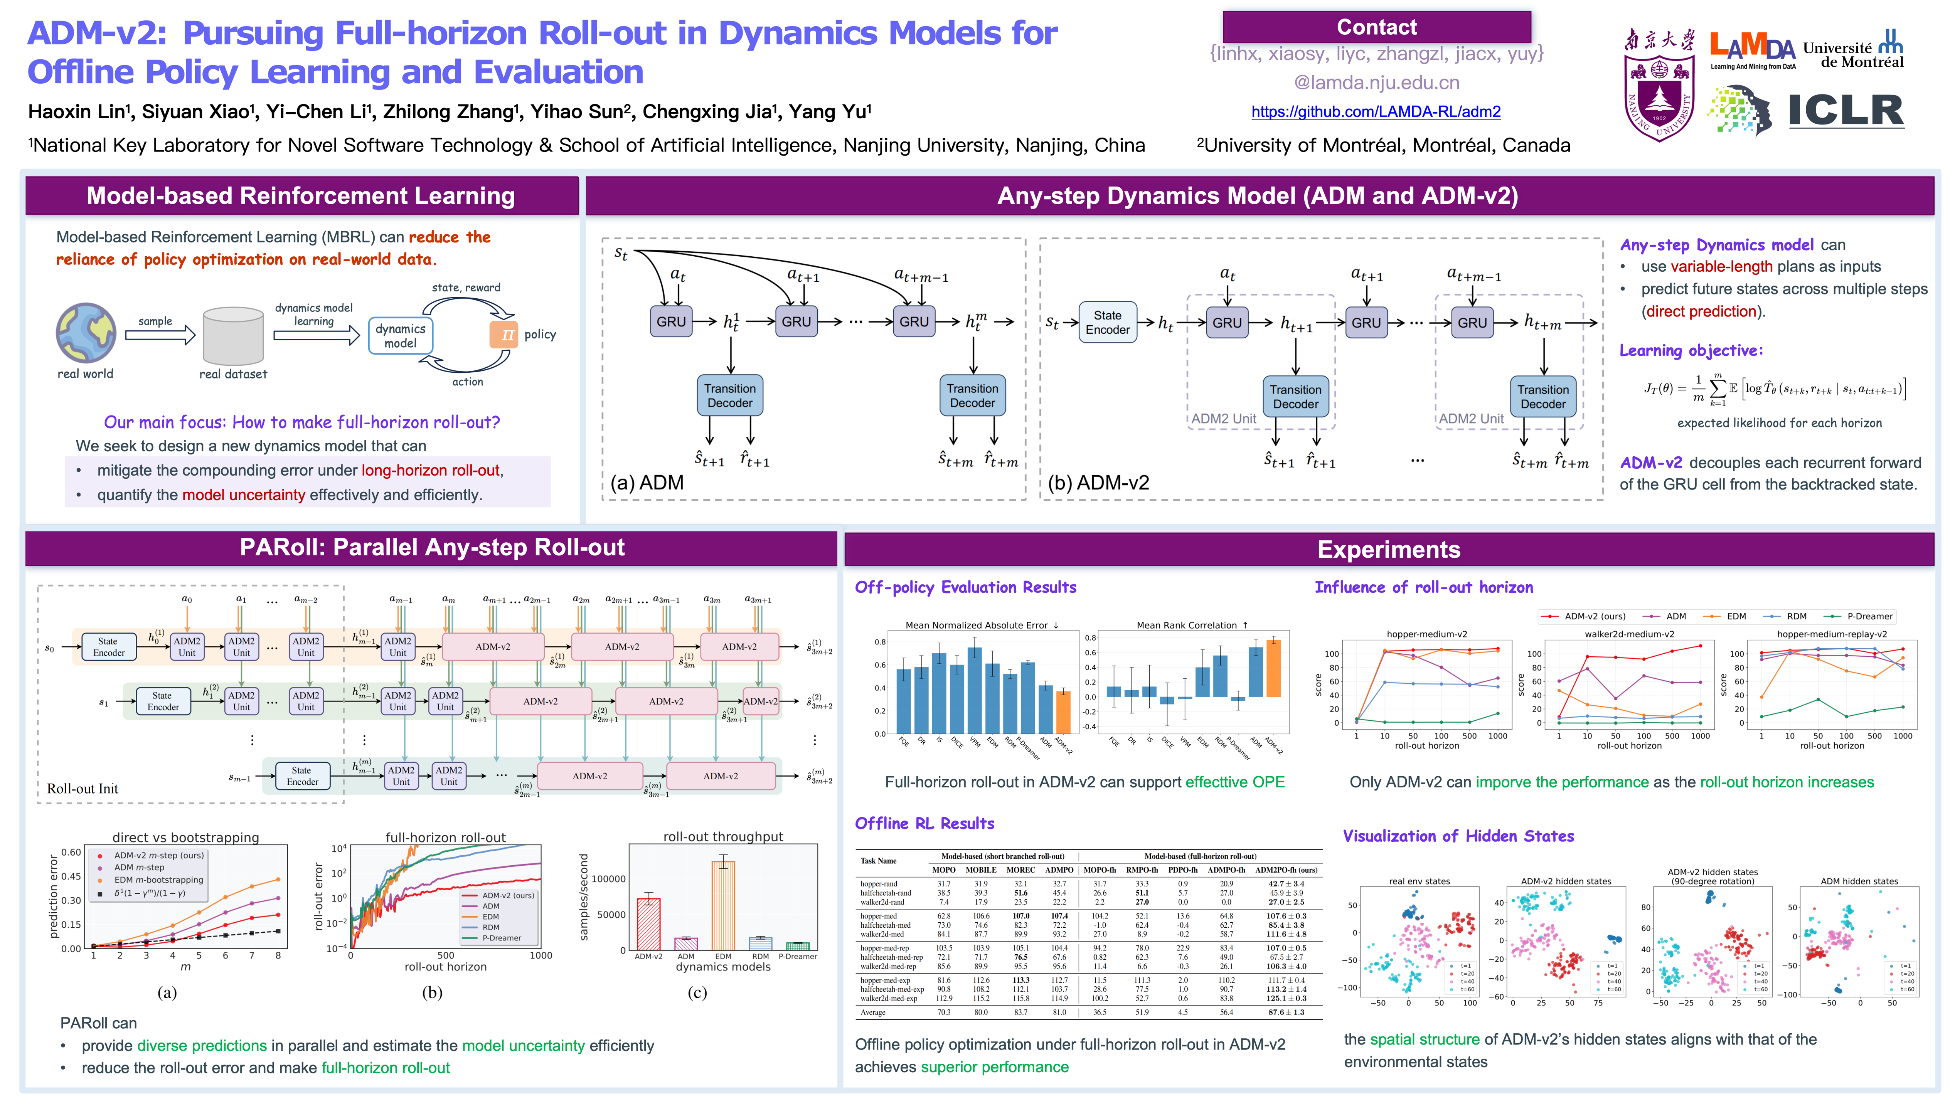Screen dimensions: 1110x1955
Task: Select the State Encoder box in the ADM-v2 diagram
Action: (1107, 323)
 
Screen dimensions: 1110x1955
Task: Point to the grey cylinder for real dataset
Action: (233, 335)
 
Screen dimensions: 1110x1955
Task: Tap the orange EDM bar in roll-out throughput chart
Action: (723, 905)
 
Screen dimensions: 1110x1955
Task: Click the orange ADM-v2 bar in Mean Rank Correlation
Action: (1273, 668)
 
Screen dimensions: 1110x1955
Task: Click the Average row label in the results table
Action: (873, 1012)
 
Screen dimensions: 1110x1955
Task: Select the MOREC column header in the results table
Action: (1020, 870)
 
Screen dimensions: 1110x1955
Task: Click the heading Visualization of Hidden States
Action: (1458, 836)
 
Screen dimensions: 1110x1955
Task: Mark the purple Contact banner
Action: (1376, 27)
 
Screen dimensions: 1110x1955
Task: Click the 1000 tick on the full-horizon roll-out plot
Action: (541, 955)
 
